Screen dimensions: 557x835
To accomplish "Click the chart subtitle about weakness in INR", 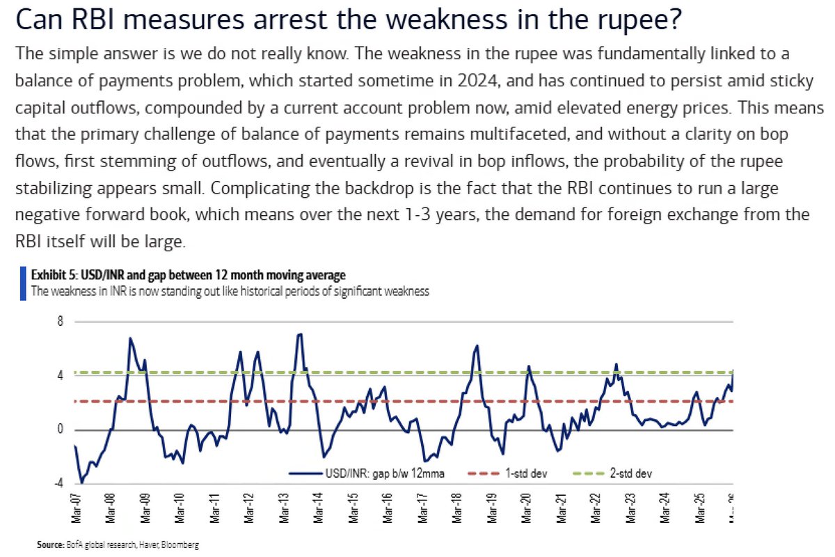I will coord(230,291).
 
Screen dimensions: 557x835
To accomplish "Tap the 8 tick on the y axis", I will coord(61,322).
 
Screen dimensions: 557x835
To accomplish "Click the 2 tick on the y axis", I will coord(61,402).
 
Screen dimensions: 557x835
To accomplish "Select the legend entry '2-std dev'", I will coord(630,473).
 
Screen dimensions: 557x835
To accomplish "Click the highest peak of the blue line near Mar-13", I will coord(299,334).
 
